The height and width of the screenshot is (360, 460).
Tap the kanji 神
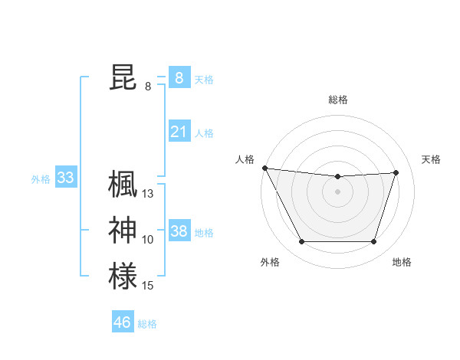tap(123, 231)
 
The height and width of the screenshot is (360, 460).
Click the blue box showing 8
tap(179, 78)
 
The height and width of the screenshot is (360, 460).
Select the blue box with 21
tap(179, 132)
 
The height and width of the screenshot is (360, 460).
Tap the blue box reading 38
tap(179, 231)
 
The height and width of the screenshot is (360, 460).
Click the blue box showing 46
tap(122, 322)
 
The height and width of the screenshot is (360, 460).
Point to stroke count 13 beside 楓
tap(148, 194)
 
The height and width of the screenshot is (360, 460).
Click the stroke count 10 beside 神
tap(148, 240)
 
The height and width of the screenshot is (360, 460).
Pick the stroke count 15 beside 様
tap(148, 286)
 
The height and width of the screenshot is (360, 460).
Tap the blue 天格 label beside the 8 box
tap(204, 80)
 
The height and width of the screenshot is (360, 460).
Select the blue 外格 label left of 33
tap(41, 180)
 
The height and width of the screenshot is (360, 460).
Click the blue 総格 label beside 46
tap(147, 324)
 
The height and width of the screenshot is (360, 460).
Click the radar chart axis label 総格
tap(338, 100)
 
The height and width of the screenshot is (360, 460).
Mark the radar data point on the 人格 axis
tap(264, 168)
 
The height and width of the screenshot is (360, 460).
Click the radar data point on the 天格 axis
tap(396, 172)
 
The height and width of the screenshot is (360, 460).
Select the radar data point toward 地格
tap(374, 242)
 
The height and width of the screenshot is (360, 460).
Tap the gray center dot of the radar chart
tap(338, 191)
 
